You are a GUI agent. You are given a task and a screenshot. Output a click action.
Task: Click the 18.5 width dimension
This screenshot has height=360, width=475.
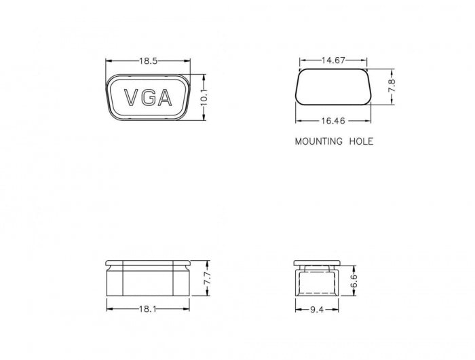coord(149,61)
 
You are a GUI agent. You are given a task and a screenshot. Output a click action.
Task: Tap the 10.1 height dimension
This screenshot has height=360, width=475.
coord(203,98)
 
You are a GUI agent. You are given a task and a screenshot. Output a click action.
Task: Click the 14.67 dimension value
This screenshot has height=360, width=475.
coord(333,60)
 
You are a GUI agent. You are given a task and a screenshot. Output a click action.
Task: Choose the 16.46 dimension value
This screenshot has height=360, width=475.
coord(333,121)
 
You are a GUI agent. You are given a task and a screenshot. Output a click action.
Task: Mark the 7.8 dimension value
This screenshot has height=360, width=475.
coord(392,87)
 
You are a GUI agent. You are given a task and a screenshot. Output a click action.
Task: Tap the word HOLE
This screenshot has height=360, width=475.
coord(361,142)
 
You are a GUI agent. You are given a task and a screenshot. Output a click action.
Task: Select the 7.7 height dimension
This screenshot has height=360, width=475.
coord(208,277)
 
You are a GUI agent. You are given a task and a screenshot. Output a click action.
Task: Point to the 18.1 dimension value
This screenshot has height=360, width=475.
coord(147,309)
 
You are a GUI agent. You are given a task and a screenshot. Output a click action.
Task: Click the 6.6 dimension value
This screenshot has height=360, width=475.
coord(354,280)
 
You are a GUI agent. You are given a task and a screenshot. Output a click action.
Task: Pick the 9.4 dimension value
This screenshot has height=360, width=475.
coord(316,309)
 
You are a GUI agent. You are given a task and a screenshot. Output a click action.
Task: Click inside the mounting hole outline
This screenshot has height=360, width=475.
coord(333,86)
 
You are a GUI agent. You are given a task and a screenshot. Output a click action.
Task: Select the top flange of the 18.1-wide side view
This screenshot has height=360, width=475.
coord(149,263)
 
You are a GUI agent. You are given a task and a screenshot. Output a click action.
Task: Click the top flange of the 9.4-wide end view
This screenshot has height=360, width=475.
coord(316,263)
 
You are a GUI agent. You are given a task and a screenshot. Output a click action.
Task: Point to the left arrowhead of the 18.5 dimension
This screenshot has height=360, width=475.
coord(108,61)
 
